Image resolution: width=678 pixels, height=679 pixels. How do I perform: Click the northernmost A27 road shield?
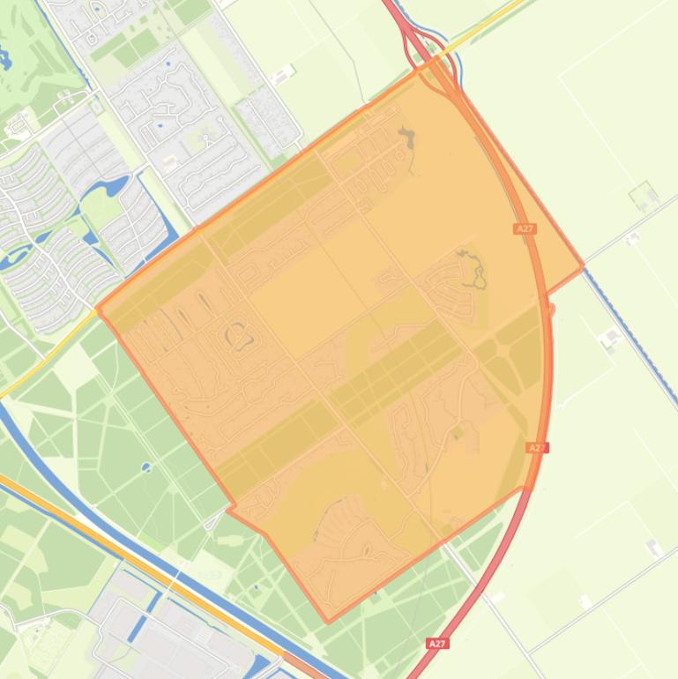tap(525, 228)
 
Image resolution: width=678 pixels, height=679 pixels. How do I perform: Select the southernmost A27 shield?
tap(437, 644)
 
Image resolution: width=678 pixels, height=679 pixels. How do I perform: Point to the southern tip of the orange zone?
tap(329, 622)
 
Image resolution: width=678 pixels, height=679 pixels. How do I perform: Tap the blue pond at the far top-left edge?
tap(7, 60)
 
